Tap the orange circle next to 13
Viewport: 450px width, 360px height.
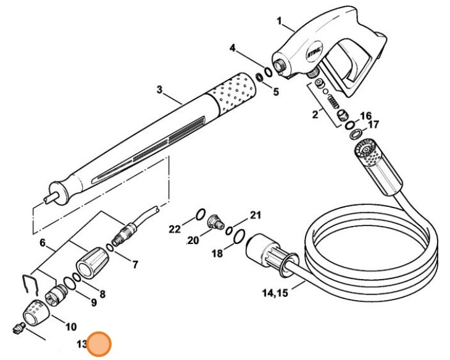[x=99, y=345]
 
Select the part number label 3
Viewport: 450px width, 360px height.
[x=159, y=90]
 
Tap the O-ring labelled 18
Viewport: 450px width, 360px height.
[x=240, y=235]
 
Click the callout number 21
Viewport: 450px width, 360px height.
[x=256, y=216]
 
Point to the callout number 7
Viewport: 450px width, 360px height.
[x=135, y=265]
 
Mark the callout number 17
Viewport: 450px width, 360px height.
[x=373, y=125]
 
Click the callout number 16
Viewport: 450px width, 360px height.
[x=365, y=115]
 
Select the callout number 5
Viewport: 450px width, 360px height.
[x=275, y=92]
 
